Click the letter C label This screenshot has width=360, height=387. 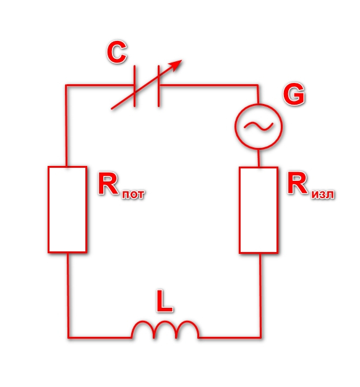[x=117, y=52]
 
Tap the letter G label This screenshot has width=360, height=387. [x=294, y=94]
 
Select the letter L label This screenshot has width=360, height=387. [x=165, y=301]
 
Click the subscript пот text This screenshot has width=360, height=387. [x=133, y=194]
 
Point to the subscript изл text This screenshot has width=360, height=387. [x=322, y=194]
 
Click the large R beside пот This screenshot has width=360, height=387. [x=108, y=184]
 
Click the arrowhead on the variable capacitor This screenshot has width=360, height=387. [x=176, y=65]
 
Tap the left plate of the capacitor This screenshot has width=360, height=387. [x=134, y=86]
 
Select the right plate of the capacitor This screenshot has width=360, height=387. [x=158, y=86]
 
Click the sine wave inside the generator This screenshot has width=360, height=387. [x=259, y=126]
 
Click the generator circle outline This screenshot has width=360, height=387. [x=235, y=126]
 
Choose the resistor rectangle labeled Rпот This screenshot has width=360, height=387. [x=48, y=209]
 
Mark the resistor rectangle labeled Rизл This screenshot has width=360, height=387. [x=239, y=210]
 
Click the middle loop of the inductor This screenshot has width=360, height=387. [x=165, y=321]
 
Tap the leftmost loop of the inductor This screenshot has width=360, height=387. [x=142, y=321]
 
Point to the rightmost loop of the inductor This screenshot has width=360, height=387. [x=187, y=321]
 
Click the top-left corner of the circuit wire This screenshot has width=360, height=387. [x=66, y=85]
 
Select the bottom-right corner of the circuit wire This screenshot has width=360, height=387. [x=261, y=337]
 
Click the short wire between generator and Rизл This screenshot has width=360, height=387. [x=259, y=158]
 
